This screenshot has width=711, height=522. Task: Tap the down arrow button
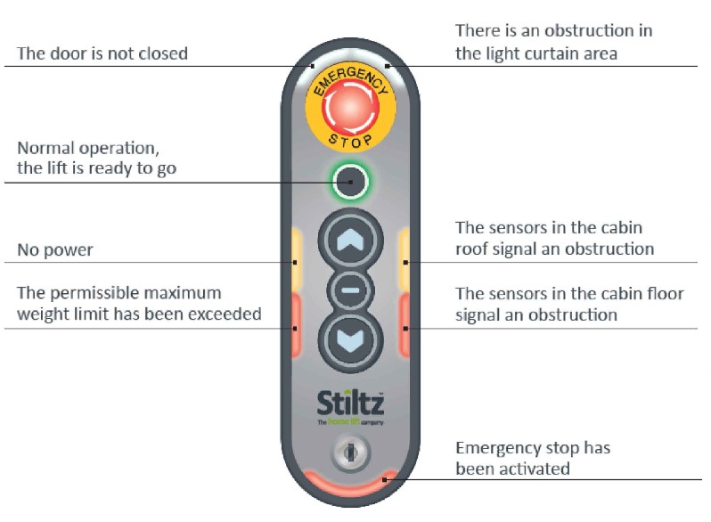pyautogui.click(x=350, y=338)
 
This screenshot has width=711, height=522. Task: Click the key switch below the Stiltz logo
pyautogui.click(x=349, y=453)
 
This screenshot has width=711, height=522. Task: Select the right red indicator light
pyautogui.click(x=405, y=322)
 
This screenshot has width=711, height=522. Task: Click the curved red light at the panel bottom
pyautogui.click(x=350, y=486)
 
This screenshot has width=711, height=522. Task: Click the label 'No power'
pyautogui.click(x=55, y=250)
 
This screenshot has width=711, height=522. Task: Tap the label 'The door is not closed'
pyautogui.click(x=102, y=53)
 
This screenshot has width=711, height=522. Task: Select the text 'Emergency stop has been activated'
pyautogui.click(x=533, y=458)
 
